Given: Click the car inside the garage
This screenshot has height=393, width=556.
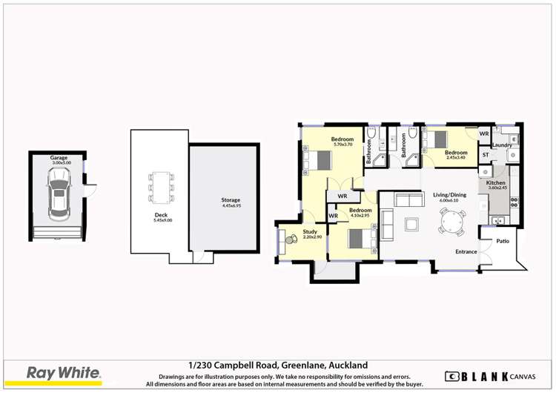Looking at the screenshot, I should (x=58, y=194).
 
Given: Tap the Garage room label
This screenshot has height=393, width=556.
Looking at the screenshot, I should (x=59, y=158).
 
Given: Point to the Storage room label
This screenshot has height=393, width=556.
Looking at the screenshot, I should (x=231, y=200).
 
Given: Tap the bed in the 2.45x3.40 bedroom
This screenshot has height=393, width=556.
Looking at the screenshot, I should (x=440, y=139).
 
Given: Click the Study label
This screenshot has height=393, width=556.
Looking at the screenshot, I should (x=310, y=232).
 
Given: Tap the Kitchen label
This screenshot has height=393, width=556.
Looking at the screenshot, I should (x=495, y=182).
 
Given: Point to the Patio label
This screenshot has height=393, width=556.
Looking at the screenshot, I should (x=503, y=241).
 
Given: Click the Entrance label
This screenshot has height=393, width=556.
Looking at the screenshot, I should (x=466, y=252).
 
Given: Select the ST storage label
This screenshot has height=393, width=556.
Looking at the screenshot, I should (x=486, y=155).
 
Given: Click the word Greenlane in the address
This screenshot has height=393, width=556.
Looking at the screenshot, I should (x=303, y=365).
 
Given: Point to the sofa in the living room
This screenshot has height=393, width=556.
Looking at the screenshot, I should (x=406, y=200).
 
